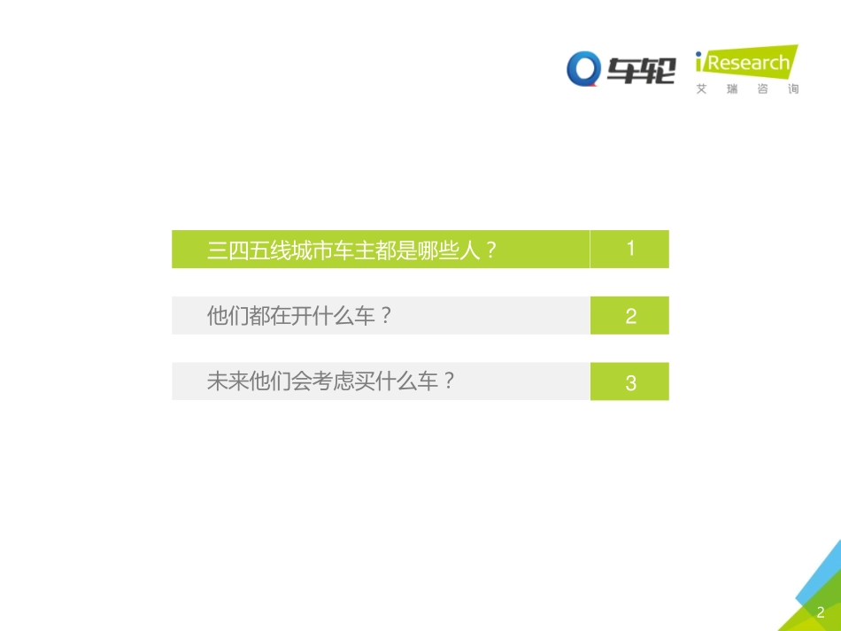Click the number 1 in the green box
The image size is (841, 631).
click(630, 249)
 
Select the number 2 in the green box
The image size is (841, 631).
click(630, 316)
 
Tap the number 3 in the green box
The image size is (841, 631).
click(630, 382)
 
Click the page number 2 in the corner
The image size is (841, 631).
click(821, 612)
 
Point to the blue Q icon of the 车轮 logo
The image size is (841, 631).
click(584, 69)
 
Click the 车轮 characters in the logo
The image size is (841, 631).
click(641, 70)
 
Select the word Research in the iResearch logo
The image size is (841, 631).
click(748, 64)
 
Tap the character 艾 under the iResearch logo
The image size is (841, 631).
click(702, 89)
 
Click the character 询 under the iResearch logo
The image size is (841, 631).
click(792, 89)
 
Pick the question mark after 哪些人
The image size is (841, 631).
click(492, 250)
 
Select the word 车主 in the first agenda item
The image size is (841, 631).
click(344, 250)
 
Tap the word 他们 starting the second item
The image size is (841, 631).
click(228, 316)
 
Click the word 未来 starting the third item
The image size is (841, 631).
click(228, 382)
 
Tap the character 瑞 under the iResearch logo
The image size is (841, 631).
click(732, 89)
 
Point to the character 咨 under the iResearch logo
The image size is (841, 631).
click(762, 89)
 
